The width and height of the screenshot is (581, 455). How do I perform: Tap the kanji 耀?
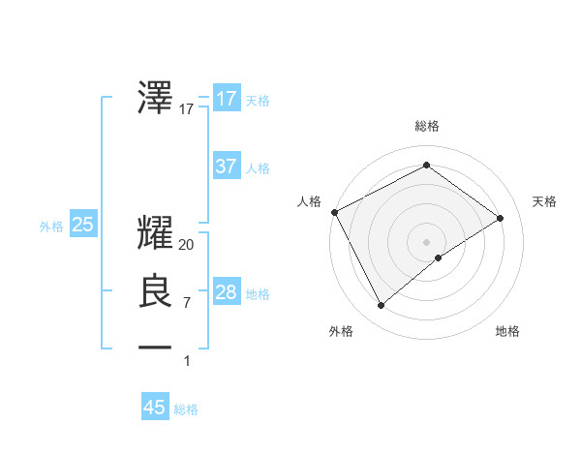[156, 233]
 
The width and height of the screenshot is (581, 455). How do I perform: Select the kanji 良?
[156, 291]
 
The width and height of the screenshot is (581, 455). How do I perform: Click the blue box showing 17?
[226, 99]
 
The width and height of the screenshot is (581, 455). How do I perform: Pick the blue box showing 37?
[226, 167]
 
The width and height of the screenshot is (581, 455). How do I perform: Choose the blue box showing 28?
[226, 292]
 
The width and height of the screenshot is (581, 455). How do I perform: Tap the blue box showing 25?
[82, 225]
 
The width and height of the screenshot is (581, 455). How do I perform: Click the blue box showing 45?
[155, 408]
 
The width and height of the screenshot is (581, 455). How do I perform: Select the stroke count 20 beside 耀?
[187, 245]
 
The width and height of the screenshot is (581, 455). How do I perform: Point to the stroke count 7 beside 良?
[187, 303]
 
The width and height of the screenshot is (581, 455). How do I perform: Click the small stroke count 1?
[187, 361]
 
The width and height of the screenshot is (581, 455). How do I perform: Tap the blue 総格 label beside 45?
[186, 409]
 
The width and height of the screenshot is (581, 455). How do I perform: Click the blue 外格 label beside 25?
[51, 227]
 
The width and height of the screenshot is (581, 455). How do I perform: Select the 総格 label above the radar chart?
[426, 127]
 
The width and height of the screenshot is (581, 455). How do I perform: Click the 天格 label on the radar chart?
[544, 201]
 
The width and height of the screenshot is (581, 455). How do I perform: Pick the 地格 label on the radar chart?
[507, 331]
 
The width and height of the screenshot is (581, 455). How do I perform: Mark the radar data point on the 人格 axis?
[334, 212]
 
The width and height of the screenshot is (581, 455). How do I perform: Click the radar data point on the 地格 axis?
[439, 258]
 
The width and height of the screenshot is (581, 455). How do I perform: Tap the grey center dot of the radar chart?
[426, 241]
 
